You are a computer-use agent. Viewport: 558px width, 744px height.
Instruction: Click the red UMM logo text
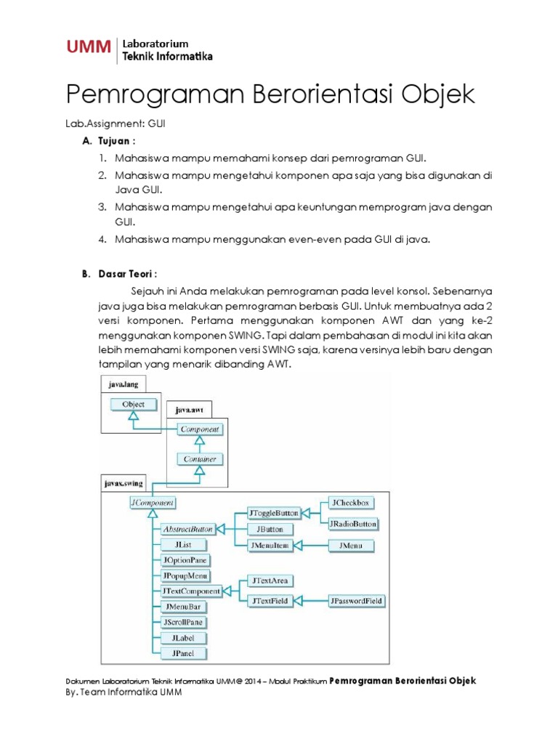(x=88, y=48)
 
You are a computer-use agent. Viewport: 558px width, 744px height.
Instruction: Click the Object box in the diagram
(x=134, y=405)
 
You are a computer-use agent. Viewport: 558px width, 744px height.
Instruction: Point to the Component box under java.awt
(x=199, y=429)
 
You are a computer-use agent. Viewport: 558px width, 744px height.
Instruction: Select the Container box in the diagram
(x=199, y=459)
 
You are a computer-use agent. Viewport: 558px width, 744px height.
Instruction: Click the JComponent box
(x=153, y=502)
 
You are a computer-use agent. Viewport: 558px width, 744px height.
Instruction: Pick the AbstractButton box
(x=183, y=530)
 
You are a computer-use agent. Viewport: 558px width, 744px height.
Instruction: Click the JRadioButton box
(x=354, y=524)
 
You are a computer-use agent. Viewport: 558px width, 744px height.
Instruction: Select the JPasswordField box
(x=357, y=601)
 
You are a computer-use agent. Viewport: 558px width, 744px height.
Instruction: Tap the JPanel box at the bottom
(x=182, y=653)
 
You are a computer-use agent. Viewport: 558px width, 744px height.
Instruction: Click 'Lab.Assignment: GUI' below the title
(x=116, y=124)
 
